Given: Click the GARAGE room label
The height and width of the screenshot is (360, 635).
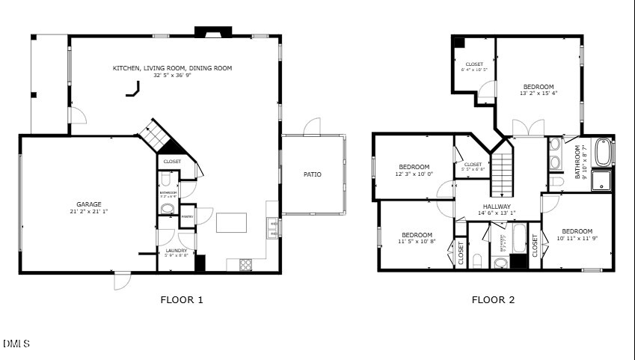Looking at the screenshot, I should coord(88,204).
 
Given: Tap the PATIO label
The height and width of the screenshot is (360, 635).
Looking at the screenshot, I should coord(313,174).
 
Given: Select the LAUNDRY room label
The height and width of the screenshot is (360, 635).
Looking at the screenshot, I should coord(176,251).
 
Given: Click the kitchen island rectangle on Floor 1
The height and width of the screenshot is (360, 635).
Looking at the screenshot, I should coord(231,222).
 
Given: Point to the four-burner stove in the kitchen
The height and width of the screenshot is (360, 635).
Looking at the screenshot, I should coord(245,263).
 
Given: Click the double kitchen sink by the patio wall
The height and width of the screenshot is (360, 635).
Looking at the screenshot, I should coord(274,228).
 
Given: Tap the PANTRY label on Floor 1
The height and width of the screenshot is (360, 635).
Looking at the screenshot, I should coord(187,216).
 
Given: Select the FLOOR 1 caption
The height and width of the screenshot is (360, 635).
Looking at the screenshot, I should coord(182,300).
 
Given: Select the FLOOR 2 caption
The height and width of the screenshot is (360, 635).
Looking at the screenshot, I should coord(493,300).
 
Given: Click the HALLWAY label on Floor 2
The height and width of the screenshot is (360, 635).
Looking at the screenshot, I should coord(497,207).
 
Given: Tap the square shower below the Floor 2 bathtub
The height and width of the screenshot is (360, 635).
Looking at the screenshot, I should coord(602,180).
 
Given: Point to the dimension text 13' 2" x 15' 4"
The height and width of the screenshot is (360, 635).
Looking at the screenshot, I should coord(539,94).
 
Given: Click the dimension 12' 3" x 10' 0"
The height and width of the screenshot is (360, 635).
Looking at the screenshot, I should coord(414,174).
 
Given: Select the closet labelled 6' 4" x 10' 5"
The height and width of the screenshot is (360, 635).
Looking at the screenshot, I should coord(474,67).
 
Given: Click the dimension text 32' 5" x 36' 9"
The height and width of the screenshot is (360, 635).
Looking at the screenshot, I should coord(172,75).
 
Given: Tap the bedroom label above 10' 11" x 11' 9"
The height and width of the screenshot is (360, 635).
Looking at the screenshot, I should coord(577,231).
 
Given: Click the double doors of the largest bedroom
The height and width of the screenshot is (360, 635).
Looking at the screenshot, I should coord(528,128).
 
